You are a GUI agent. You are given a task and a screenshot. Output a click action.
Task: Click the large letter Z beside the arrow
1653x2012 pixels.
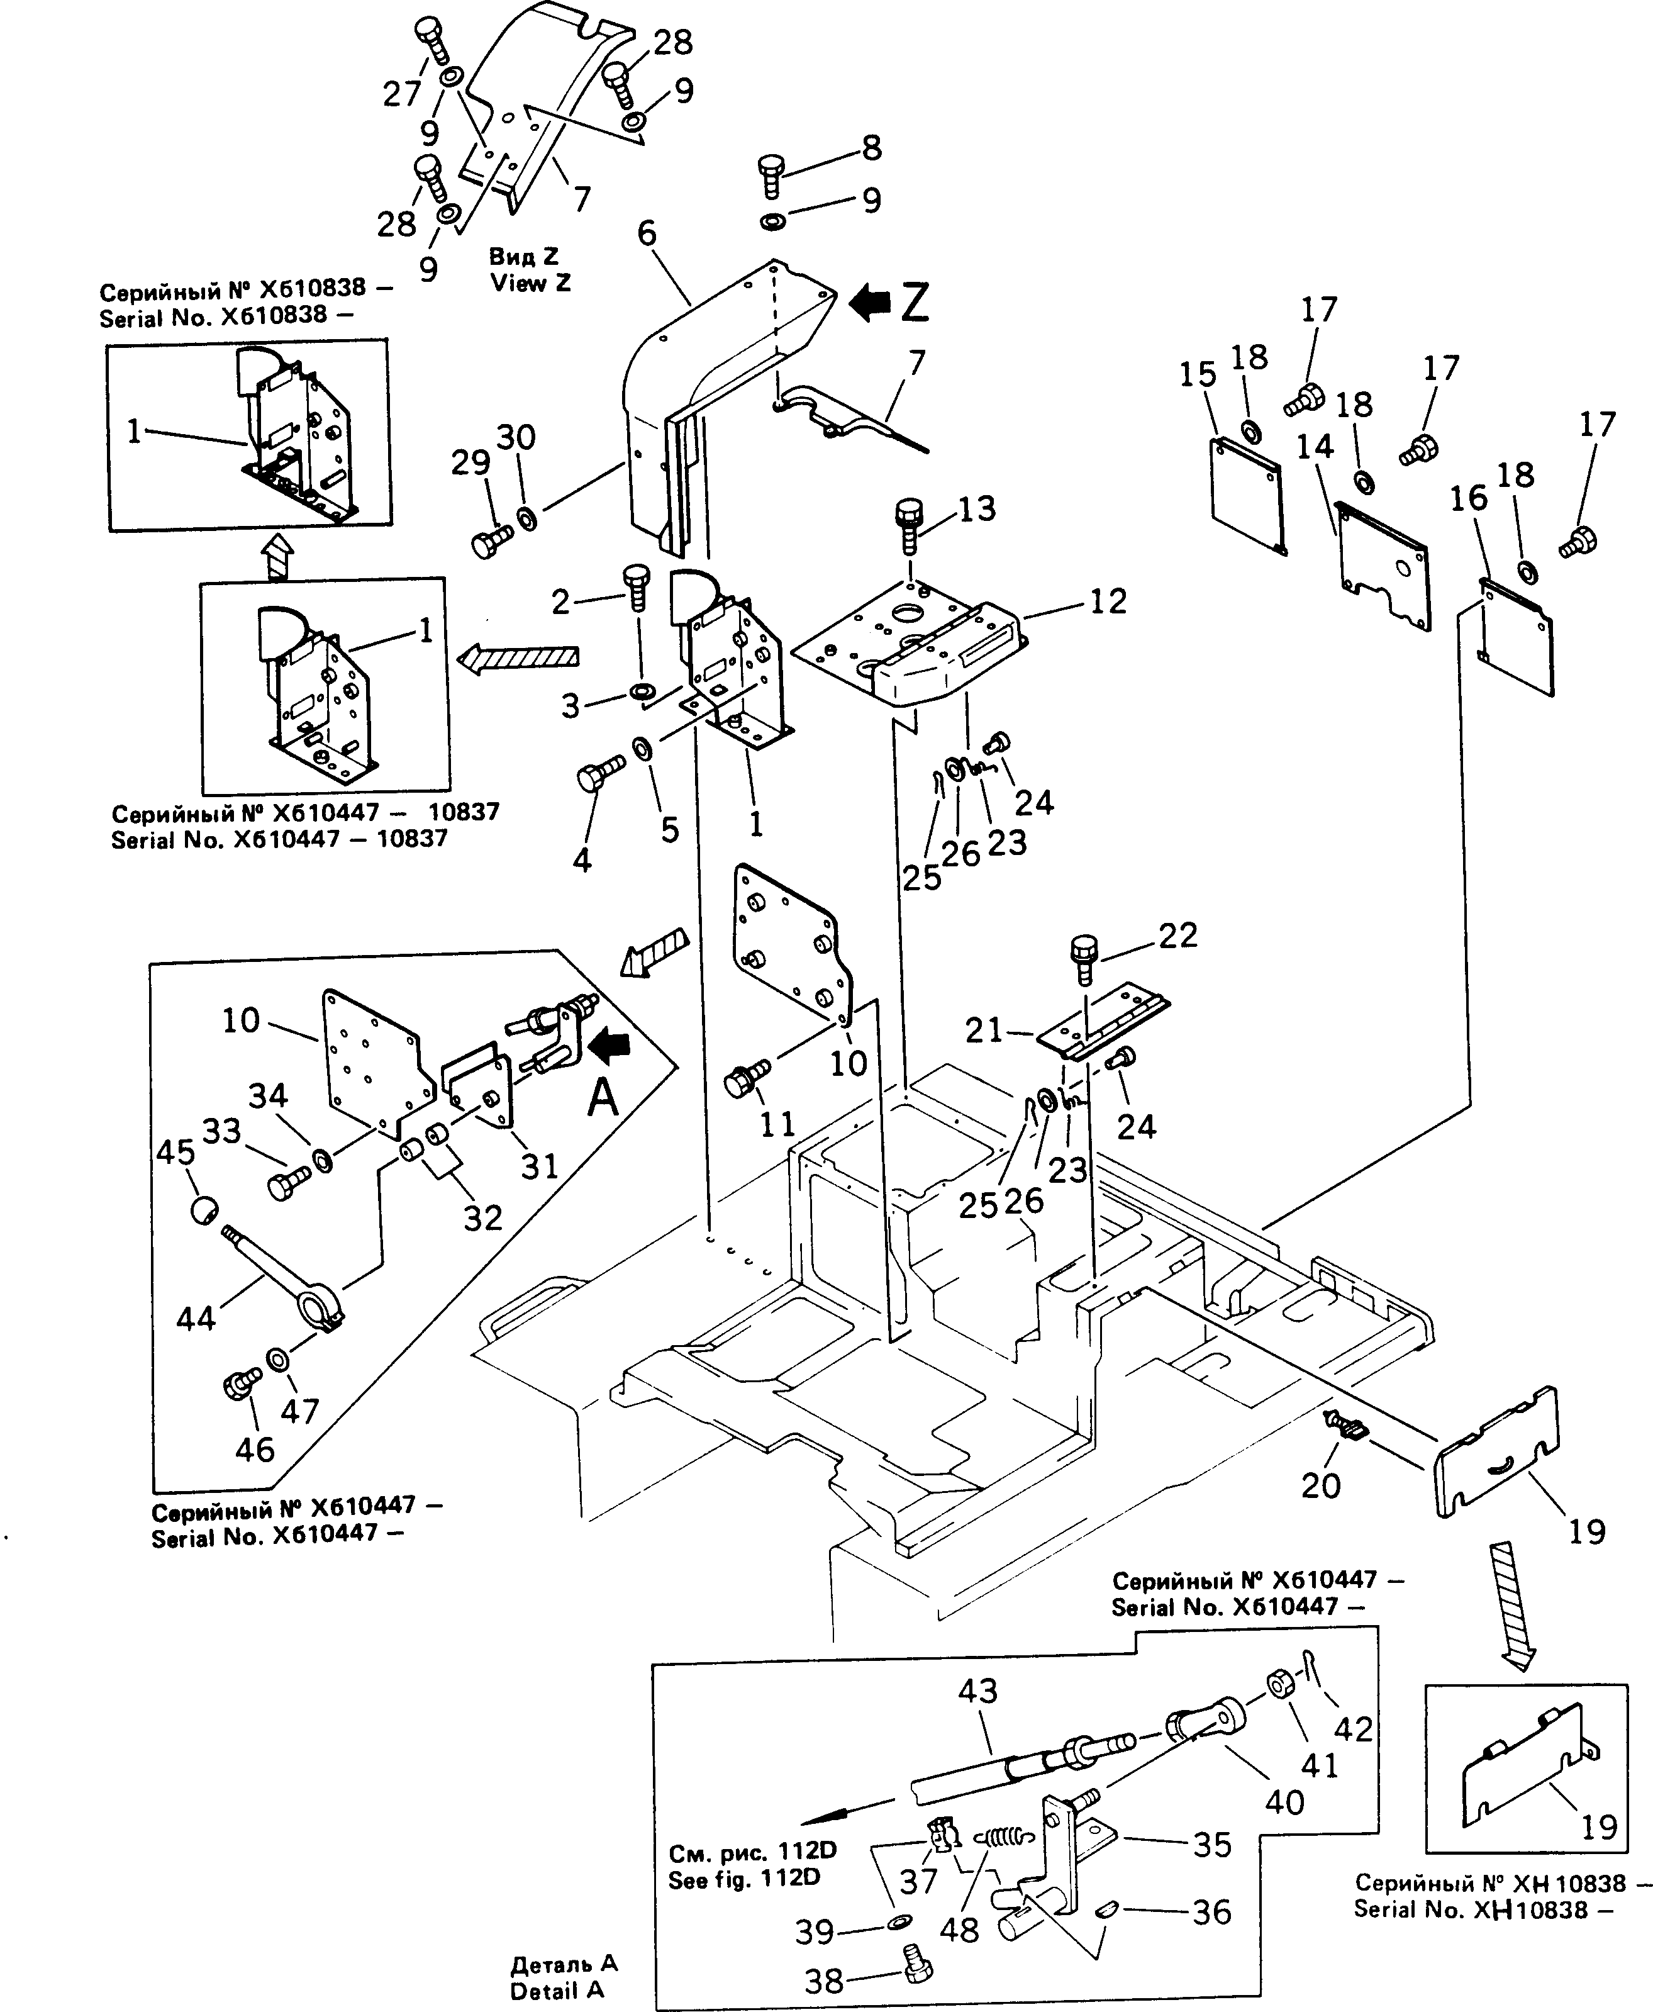pyautogui.click(x=913, y=302)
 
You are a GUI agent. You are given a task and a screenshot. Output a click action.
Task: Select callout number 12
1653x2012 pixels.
pyautogui.click(x=1108, y=601)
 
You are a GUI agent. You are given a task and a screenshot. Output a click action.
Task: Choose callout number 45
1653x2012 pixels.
pyautogui.click(x=175, y=1151)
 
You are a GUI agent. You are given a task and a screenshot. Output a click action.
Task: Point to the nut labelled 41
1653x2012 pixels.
pyautogui.click(x=1278, y=1711)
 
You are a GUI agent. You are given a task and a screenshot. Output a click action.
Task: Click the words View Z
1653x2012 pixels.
pyautogui.click(x=530, y=283)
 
